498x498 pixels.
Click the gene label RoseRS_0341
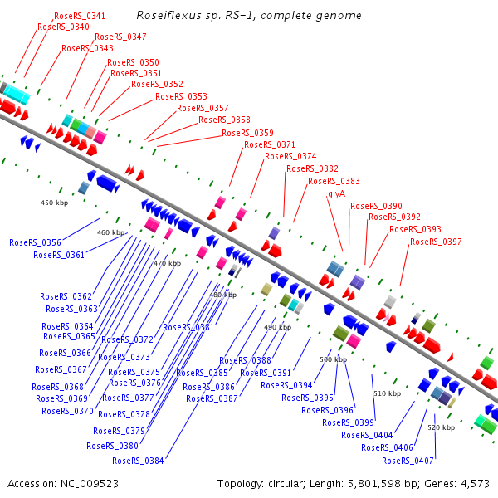(x=79, y=16)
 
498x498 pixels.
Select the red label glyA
(x=336, y=193)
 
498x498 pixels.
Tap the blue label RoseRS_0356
(x=35, y=242)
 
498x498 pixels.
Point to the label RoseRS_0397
(x=436, y=242)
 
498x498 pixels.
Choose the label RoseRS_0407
(x=408, y=461)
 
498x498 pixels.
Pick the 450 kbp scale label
(x=53, y=202)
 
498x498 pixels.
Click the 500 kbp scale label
(x=332, y=359)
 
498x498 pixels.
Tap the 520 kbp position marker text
(x=441, y=427)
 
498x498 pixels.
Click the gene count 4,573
(x=473, y=483)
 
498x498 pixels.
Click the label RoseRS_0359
(x=247, y=133)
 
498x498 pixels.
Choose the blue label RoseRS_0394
(x=286, y=385)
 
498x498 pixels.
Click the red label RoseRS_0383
(x=334, y=181)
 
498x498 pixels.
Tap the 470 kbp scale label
(x=167, y=263)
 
